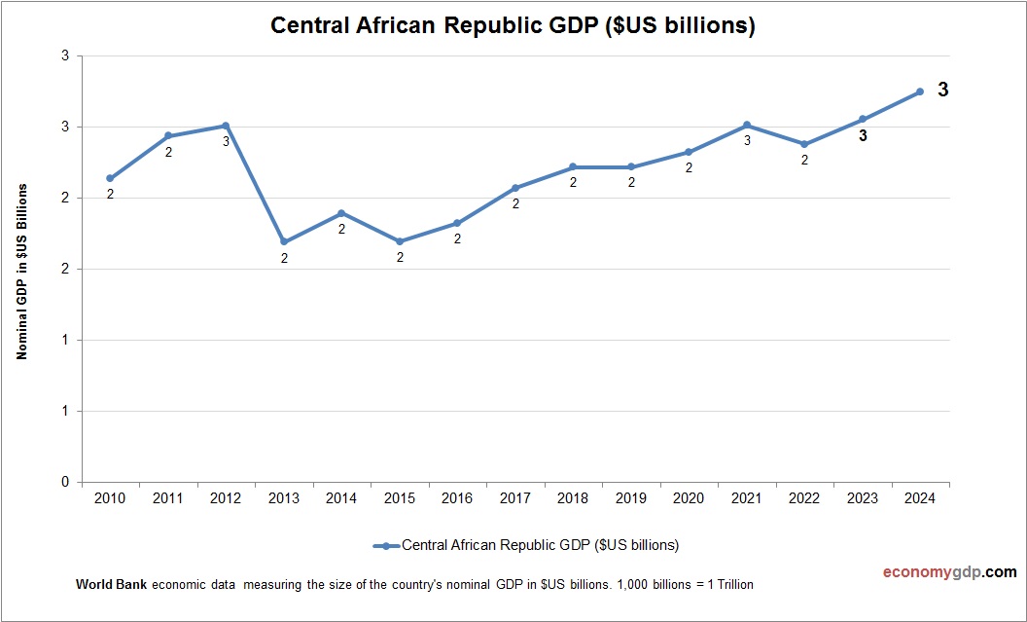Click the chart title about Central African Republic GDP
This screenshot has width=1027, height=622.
tap(513, 26)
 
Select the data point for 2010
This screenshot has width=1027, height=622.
tap(110, 178)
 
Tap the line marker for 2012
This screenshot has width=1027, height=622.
tap(226, 126)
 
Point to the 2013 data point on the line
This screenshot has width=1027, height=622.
tap(284, 241)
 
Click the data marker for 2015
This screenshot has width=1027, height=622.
tap(400, 241)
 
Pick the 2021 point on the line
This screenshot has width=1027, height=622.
tap(747, 125)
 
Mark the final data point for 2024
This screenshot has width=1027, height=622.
tap(920, 91)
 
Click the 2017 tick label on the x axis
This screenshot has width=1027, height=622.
tap(515, 497)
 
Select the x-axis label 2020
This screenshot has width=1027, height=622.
tap(689, 497)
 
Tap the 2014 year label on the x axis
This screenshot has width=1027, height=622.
tap(341, 497)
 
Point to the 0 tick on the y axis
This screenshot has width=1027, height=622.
tap(65, 482)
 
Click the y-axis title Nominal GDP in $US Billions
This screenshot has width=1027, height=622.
tap(21, 271)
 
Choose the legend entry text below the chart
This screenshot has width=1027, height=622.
tap(540, 545)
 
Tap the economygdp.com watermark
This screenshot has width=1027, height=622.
tap(936, 571)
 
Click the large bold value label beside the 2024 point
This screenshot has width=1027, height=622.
tap(942, 90)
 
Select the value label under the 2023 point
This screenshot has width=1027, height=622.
tap(863, 136)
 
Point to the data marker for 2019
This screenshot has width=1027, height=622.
tap(631, 166)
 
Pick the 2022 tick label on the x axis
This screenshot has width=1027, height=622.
tap(804, 497)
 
